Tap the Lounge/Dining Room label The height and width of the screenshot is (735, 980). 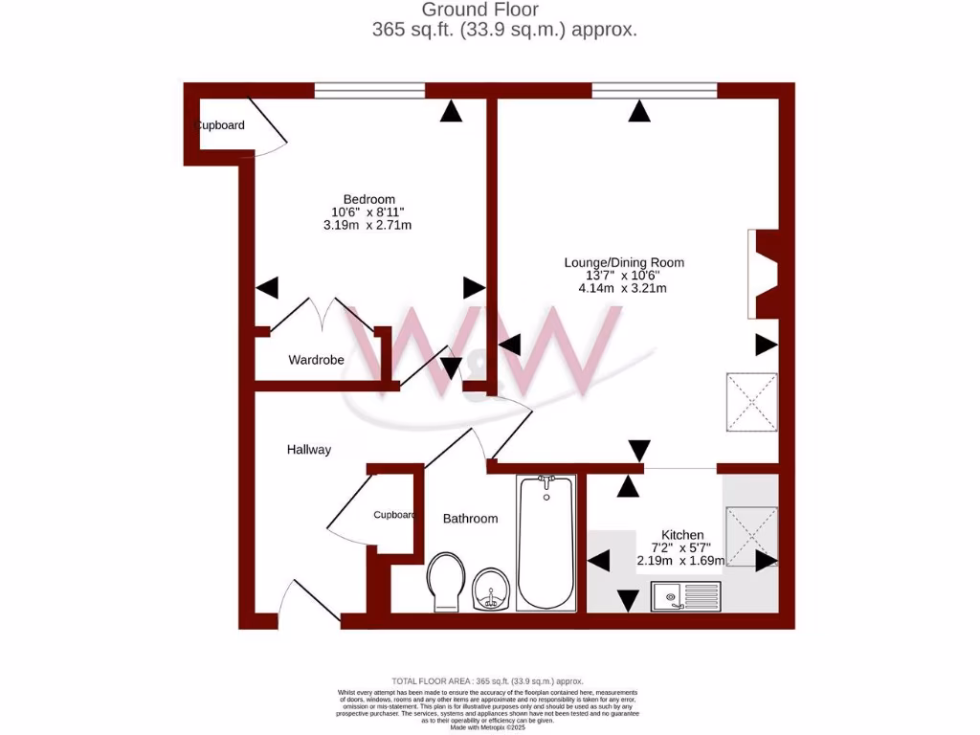point(624,261)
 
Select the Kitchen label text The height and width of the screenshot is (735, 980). point(682,534)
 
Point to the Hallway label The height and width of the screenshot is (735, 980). point(309,449)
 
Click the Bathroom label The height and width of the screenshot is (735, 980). point(470,518)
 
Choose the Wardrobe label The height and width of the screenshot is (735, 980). point(316,360)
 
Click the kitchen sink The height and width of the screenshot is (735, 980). point(686,597)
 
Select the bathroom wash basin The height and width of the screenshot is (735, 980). point(492,587)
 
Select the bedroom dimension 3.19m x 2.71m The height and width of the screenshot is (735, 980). point(367,225)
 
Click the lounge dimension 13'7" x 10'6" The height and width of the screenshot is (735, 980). point(623,275)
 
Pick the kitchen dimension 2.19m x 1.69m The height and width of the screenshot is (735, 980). point(680,561)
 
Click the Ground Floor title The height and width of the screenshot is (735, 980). point(504,11)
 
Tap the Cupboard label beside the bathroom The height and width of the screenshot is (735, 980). point(393,514)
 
